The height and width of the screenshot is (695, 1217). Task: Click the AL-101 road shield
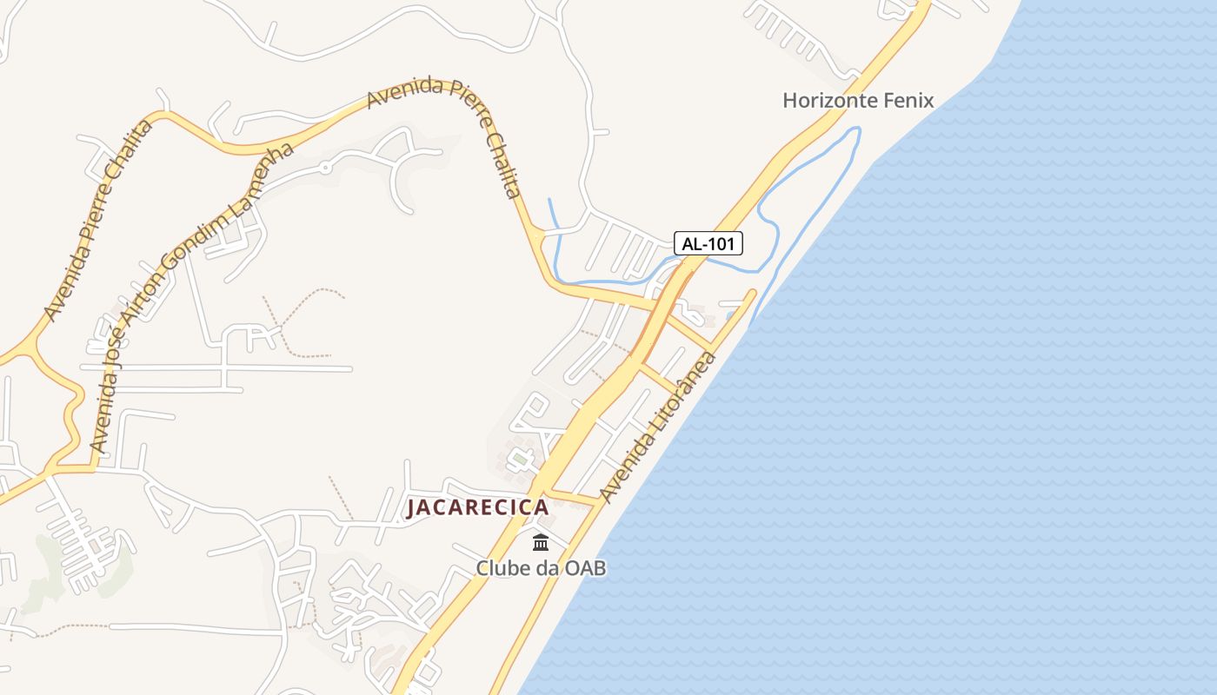point(709,243)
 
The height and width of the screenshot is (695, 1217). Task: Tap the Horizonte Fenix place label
point(858,100)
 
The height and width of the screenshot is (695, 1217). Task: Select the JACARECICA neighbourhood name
point(477,507)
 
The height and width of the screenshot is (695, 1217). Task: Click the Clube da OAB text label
point(540,568)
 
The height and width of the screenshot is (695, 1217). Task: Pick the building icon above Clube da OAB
point(541,543)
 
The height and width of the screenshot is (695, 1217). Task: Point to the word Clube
point(502,568)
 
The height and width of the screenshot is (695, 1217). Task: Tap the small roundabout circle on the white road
point(326,165)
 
